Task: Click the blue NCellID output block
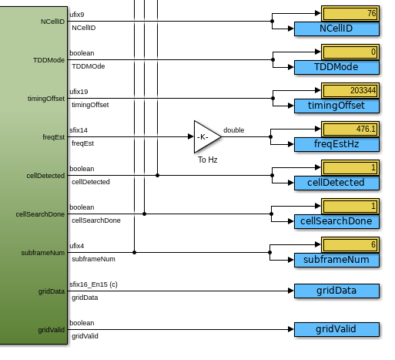click(x=336, y=29)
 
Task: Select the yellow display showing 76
click(x=350, y=13)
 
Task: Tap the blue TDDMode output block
click(x=336, y=67)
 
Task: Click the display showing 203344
click(x=350, y=90)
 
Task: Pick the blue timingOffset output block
click(x=336, y=106)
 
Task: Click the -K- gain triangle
click(x=206, y=136)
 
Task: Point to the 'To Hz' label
click(x=208, y=160)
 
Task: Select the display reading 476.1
click(x=350, y=129)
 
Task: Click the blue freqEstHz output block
click(x=336, y=144)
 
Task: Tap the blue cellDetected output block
click(x=336, y=183)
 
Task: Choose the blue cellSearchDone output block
click(x=336, y=221)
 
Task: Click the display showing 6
click(x=350, y=244)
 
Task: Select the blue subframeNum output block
click(x=336, y=260)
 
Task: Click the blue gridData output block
click(x=336, y=291)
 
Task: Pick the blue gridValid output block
click(x=336, y=329)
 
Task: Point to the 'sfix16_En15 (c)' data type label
click(x=93, y=284)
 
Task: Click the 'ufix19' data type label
click(x=79, y=92)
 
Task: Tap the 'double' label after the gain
click(x=233, y=130)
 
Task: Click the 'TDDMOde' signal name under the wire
click(x=89, y=66)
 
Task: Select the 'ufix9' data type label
click(x=77, y=15)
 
